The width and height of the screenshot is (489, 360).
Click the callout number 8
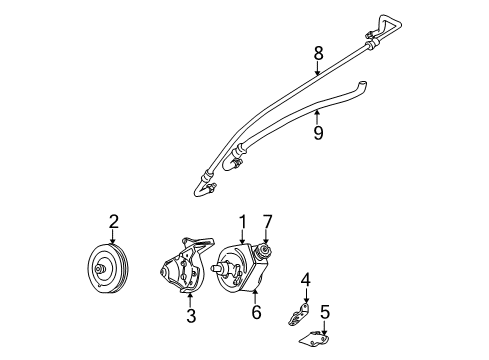(x=318, y=52)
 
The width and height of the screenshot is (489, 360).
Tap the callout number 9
(x=318, y=131)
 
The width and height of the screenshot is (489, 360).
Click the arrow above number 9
(x=318, y=114)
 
